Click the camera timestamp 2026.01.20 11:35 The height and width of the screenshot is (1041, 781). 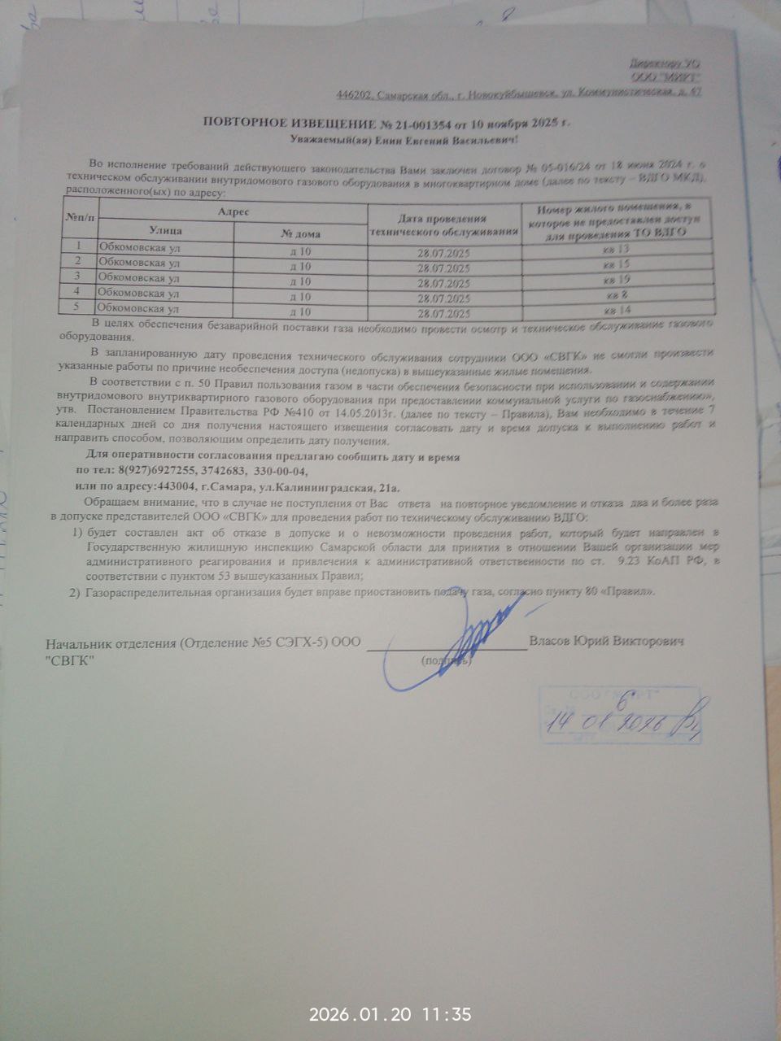pos(390,1014)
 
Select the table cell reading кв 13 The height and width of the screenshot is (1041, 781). pos(617,247)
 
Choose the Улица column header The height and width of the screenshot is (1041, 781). pos(166,231)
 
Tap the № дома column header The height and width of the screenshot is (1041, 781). pos(300,233)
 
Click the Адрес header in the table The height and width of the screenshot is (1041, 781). pos(233,211)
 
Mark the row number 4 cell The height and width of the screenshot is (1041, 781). pos(77,291)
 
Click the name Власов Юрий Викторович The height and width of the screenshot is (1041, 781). pos(606,640)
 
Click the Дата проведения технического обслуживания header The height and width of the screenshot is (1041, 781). pos(443,224)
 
